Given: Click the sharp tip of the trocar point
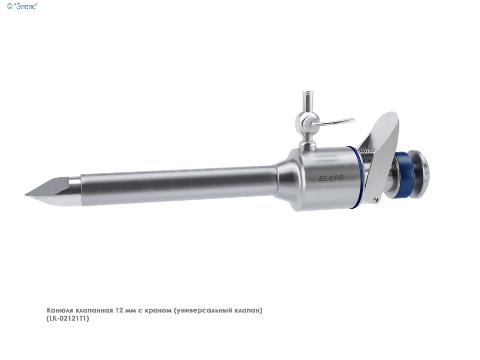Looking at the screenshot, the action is tap(25, 194).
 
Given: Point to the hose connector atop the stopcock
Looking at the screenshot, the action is tap(306, 99).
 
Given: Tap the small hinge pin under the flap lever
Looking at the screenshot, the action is tap(376, 200).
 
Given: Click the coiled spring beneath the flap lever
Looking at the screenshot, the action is tap(368, 152).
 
